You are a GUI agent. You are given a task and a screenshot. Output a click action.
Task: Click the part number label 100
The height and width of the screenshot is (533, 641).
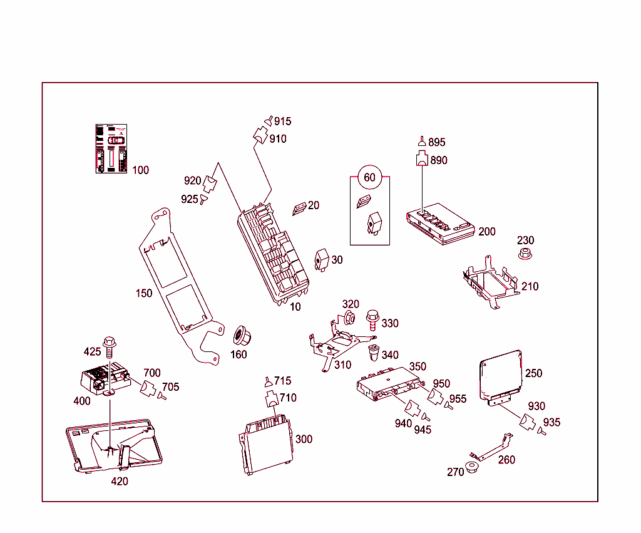[141, 170]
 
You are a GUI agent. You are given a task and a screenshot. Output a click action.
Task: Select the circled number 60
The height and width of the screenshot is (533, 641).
[369, 178]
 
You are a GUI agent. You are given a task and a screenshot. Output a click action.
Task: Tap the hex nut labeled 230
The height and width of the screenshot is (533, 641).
[525, 254]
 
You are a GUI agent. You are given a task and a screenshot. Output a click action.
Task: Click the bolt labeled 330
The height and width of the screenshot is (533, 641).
[372, 319]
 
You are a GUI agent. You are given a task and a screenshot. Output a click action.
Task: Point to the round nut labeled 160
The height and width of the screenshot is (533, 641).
[240, 336]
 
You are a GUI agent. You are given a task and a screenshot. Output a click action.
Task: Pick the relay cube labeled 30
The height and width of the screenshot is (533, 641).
[322, 259]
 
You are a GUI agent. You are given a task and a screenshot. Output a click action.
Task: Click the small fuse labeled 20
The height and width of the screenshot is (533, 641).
[299, 208]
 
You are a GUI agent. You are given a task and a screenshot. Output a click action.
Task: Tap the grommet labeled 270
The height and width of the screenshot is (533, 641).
[472, 468]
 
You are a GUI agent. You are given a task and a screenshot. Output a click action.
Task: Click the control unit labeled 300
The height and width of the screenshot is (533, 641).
[266, 443]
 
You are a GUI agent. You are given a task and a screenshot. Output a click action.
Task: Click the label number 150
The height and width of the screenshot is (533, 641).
[144, 293]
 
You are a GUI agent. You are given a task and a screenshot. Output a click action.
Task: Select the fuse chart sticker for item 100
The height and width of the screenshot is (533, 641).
[110, 148]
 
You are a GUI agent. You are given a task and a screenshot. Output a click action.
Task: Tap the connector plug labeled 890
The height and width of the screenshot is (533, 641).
[422, 159]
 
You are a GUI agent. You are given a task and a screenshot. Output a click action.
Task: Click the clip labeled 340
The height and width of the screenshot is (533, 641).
[374, 353]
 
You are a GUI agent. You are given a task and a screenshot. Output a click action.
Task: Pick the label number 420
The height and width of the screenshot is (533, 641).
[120, 481]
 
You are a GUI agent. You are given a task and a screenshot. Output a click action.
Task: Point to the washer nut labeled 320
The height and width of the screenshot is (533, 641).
[350, 317]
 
